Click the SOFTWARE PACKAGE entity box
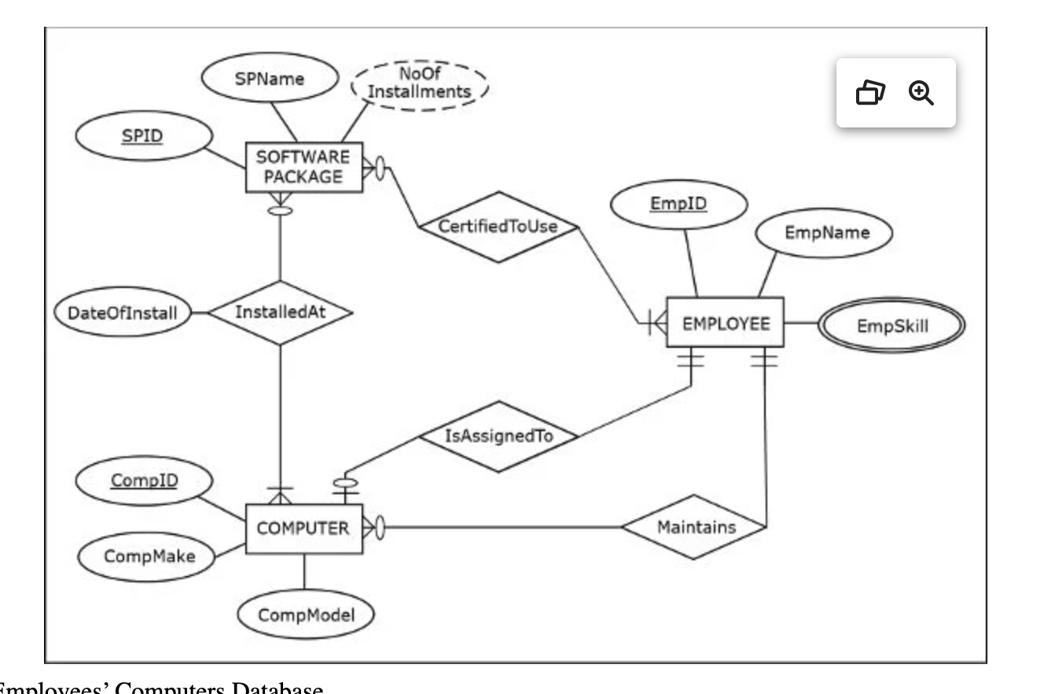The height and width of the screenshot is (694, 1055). point(304,167)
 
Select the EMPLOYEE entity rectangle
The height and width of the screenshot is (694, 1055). point(725,323)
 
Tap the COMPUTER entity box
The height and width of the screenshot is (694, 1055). point(304,529)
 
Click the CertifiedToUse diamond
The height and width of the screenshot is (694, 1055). point(498,227)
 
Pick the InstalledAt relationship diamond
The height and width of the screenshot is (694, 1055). point(280,312)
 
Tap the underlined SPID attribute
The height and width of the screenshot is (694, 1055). point(143,137)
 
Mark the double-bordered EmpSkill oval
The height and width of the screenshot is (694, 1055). point(891,324)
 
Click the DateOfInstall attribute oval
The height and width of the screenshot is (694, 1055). point(123,313)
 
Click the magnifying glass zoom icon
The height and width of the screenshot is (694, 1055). point(921,93)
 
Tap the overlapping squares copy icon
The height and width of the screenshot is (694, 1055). point(870,93)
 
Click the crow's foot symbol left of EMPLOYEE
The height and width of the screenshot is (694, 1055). point(656,323)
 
